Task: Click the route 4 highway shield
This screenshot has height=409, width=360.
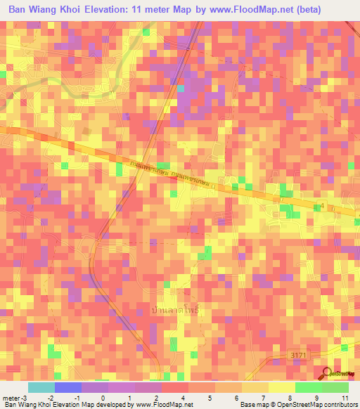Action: point(323,204)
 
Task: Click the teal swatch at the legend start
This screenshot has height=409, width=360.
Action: point(41,387)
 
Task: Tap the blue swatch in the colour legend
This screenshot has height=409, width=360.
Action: point(68,387)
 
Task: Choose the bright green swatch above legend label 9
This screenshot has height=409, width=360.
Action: point(309,387)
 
